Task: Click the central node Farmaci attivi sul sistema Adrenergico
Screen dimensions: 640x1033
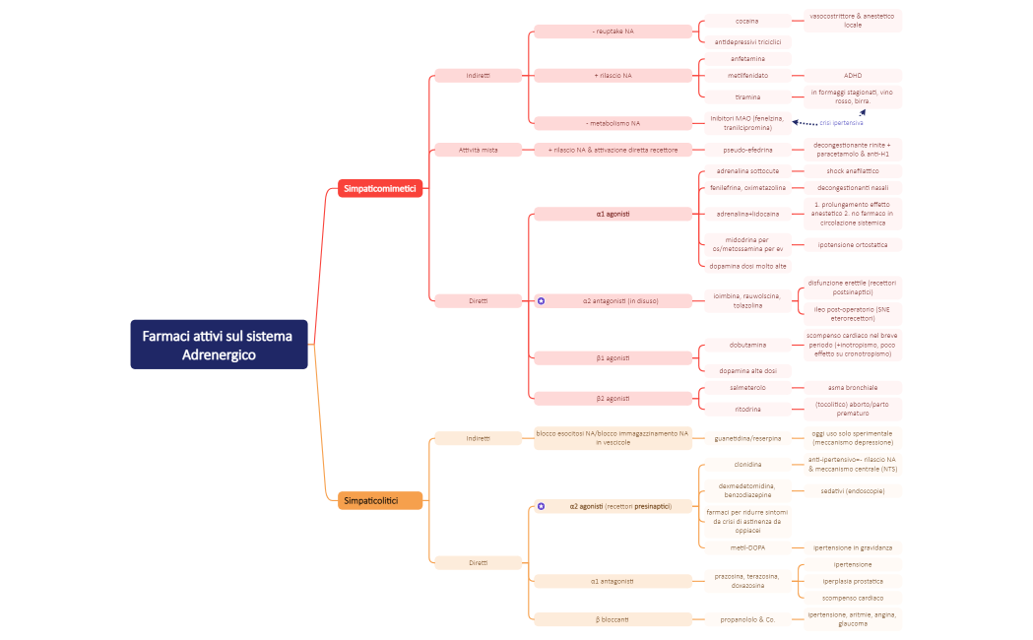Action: (219, 345)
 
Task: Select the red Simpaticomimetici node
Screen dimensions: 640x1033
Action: (379, 187)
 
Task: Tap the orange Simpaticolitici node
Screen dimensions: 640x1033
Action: (379, 501)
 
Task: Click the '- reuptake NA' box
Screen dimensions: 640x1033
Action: (613, 32)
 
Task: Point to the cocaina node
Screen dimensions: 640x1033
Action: (746, 21)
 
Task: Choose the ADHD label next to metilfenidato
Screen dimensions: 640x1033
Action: (852, 75)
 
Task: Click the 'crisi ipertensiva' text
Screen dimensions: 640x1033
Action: (841, 123)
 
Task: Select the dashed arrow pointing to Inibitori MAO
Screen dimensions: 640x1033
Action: (806, 123)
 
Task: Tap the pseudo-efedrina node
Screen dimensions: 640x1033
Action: (747, 150)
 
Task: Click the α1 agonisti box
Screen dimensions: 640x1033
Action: (613, 214)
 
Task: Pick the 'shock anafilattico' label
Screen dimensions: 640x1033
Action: (852, 171)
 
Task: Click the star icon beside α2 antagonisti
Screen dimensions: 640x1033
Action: (541, 300)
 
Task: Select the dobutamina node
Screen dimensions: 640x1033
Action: (747, 345)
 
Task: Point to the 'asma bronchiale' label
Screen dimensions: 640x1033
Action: (852, 388)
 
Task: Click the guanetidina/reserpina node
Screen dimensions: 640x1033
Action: (747, 437)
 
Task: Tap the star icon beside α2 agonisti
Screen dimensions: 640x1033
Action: (541, 506)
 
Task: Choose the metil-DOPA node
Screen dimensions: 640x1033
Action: (747, 547)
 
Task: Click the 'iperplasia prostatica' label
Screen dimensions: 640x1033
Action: (852, 581)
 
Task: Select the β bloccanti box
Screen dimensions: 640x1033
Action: (613, 619)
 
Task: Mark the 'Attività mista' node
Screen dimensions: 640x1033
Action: (478, 150)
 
